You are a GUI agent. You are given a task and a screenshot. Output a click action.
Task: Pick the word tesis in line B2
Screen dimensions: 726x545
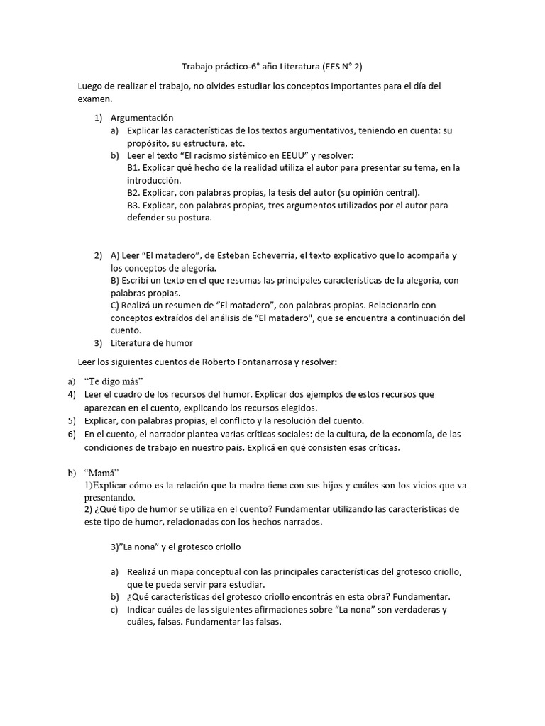click(x=279, y=192)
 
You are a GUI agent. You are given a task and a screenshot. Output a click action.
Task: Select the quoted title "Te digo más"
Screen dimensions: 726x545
click(x=109, y=381)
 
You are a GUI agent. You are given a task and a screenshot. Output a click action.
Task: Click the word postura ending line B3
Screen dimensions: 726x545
click(x=195, y=218)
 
